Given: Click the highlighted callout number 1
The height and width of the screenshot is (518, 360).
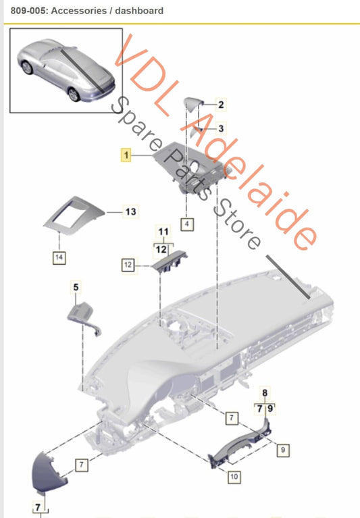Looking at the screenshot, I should point(125,155).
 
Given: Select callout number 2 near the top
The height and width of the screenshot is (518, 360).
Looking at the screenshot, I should point(220,104).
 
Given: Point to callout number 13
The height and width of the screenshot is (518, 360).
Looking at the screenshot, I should point(130,211).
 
